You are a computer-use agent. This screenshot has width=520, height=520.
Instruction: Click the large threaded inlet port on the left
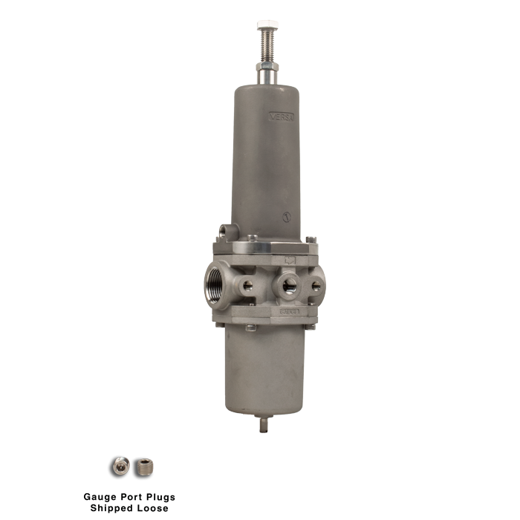218,283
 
